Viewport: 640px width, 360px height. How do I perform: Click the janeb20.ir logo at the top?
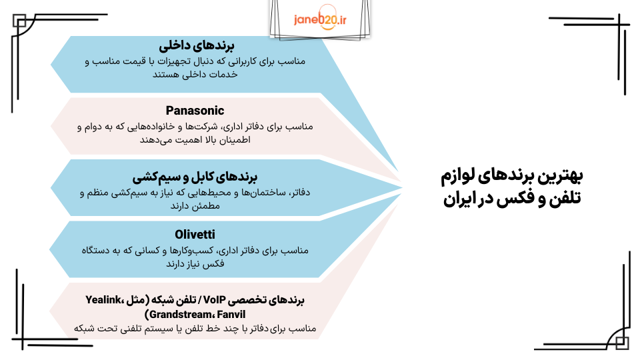point(320,21)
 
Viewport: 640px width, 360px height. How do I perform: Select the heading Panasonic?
point(195,111)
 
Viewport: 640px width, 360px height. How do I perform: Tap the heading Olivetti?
point(195,234)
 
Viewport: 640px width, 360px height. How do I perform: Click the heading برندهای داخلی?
point(194,47)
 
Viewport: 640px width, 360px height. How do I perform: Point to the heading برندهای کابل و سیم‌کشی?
point(195,177)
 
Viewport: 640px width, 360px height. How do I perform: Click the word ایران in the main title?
point(463,199)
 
